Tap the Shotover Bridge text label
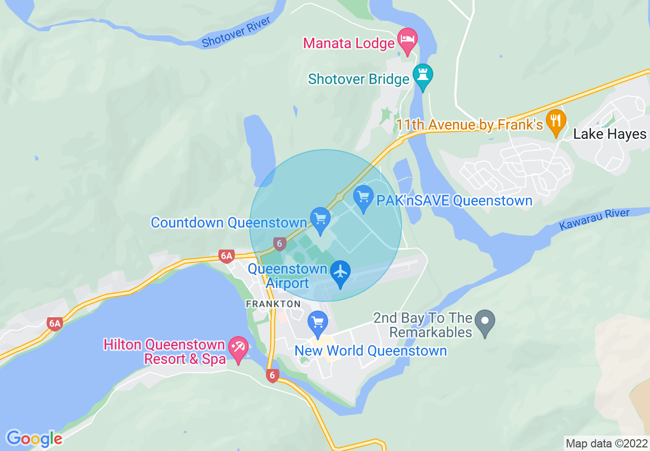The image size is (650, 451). pos(358,79)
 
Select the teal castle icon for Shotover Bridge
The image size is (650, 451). pos(423,74)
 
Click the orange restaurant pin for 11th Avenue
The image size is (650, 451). pos(555,121)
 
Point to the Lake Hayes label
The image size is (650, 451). pos(610,134)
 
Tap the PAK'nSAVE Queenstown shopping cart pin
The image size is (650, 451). pos(363,197)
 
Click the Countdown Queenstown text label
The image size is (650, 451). pos(229,223)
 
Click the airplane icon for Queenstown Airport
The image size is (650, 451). pos(340,272)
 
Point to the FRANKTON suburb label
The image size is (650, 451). pos(273,304)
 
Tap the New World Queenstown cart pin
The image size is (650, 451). pos(318,323)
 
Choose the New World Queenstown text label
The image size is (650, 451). pos(370,351)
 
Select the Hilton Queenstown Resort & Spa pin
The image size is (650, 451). pos(238,349)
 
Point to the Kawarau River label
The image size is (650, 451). pos(594,219)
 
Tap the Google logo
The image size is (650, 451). pos(34,439)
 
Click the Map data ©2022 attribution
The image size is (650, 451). pos(606,443)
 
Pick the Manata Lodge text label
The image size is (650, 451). pos(349,43)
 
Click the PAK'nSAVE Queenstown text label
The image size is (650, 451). pos(454,200)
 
